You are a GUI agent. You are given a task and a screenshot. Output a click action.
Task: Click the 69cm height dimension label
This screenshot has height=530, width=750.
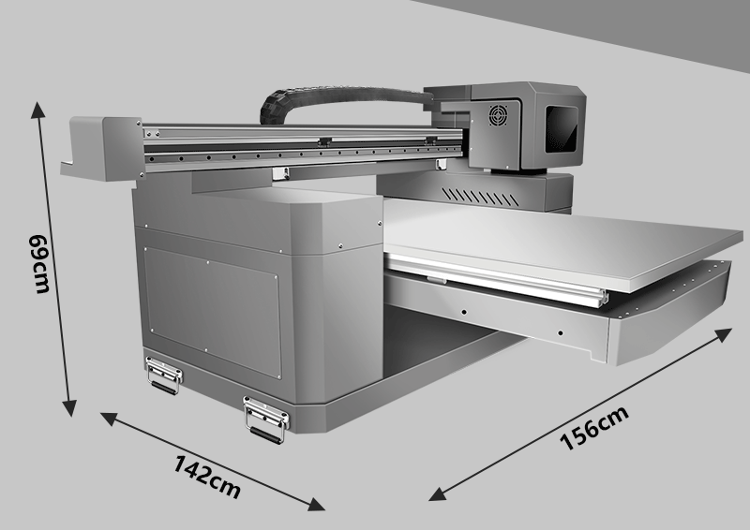coord(39,264)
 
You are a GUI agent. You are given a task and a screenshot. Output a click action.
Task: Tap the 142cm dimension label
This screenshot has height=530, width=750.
coord(206,477)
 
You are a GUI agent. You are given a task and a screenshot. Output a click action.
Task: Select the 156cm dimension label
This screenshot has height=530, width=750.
coord(594,428)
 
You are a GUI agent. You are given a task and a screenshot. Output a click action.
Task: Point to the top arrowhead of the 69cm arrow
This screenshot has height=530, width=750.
coord(37,109)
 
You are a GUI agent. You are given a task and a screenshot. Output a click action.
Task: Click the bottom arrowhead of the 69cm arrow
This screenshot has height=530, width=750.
coord(69,408)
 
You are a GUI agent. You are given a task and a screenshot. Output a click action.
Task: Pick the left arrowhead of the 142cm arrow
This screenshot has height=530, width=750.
coord(108,419)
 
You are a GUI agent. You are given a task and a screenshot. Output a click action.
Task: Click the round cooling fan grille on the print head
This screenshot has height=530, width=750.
coord(498,115)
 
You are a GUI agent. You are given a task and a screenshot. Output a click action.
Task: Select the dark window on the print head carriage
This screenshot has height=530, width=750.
coord(561,129)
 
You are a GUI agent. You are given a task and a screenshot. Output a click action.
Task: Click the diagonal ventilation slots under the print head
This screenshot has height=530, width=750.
coord(480,197)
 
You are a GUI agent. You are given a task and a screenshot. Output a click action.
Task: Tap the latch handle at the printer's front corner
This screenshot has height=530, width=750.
coord(266,420)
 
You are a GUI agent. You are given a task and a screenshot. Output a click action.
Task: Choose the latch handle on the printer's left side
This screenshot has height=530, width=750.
coord(164,375)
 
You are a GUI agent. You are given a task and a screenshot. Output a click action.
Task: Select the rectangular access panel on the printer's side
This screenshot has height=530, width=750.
coord(213,313)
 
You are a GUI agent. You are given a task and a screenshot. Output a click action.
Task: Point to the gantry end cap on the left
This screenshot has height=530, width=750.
coord(103,149)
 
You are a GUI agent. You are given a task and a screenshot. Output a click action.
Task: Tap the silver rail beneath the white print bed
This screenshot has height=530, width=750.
coord(498,281)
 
